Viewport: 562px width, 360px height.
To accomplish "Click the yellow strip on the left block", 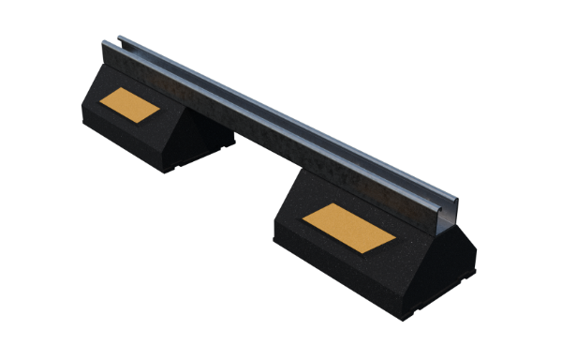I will (x=130, y=104).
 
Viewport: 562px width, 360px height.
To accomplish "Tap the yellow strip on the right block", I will (x=348, y=227).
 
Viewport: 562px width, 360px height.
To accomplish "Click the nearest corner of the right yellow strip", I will (x=358, y=251).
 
